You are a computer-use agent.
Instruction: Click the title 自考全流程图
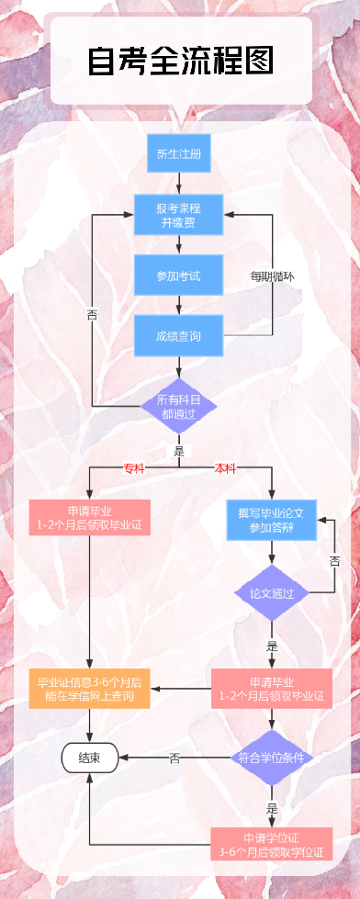[x=181, y=62]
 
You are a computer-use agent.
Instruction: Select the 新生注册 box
[x=179, y=153]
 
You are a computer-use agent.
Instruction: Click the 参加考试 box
[x=179, y=275]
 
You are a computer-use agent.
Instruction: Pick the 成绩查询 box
[x=179, y=336]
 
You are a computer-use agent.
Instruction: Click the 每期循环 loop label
[x=273, y=275]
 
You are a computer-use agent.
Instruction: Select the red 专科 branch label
[x=134, y=468]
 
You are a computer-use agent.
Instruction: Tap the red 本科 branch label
[x=225, y=468]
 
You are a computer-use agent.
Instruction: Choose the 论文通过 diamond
[x=272, y=593]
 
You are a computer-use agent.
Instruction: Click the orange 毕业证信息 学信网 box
[x=89, y=690]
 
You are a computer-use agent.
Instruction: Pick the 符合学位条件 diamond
[x=272, y=758]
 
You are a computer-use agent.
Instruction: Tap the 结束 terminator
[x=89, y=758]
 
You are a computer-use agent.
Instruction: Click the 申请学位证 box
[x=272, y=845]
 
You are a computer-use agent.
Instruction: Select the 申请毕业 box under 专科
[x=89, y=518]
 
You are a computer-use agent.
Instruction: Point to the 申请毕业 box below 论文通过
[x=272, y=689]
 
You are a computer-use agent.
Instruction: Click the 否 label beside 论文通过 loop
[x=334, y=561]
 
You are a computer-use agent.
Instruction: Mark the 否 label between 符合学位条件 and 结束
[x=174, y=758]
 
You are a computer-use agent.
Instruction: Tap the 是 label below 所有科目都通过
[x=179, y=451]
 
